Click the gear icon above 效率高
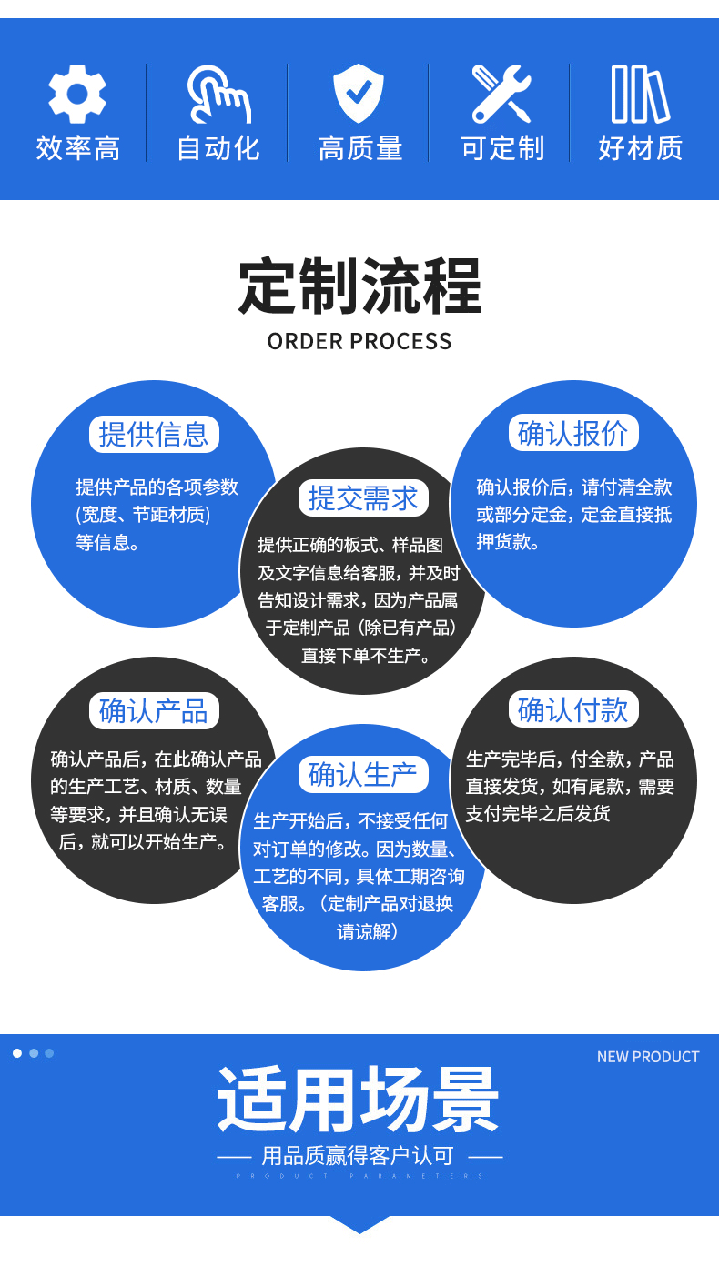(77, 94)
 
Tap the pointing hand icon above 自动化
(218, 94)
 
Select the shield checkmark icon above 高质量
(359, 94)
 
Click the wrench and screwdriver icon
(501, 94)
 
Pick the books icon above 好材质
(640, 94)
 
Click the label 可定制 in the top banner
(502, 147)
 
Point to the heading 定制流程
(359, 286)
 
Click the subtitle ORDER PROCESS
(359, 341)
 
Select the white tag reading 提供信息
(154, 434)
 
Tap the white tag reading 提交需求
(362, 497)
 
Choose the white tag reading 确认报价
(572, 433)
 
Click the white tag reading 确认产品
(154, 710)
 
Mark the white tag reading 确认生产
(362, 774)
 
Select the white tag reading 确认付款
(572, 709)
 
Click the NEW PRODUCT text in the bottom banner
(648, 1057)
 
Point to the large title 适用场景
(359, 1100)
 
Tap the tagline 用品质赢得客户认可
(359, 1156)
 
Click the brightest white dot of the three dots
(17, 1053)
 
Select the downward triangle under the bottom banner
(359, 1224)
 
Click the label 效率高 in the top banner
(77, 147)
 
